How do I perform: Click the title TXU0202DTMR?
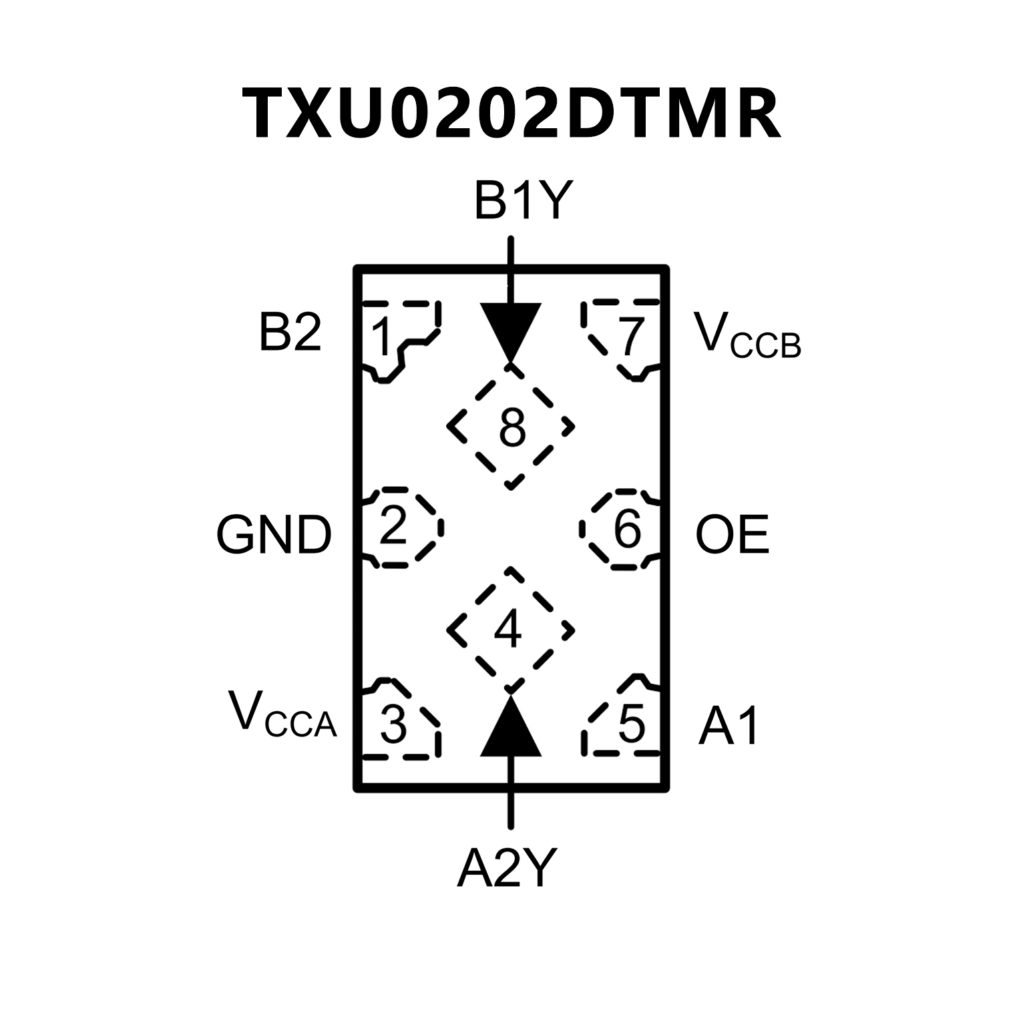511,114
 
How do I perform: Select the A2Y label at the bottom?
506,869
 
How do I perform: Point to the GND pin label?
274,535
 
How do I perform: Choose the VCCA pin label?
282,715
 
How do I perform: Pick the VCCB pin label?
747,336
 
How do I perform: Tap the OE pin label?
732,535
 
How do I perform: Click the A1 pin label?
729,727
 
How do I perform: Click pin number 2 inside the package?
393,527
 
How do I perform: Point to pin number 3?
393,724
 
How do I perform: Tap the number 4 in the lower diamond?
507,629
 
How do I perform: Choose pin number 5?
632,724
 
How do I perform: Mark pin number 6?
627,529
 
